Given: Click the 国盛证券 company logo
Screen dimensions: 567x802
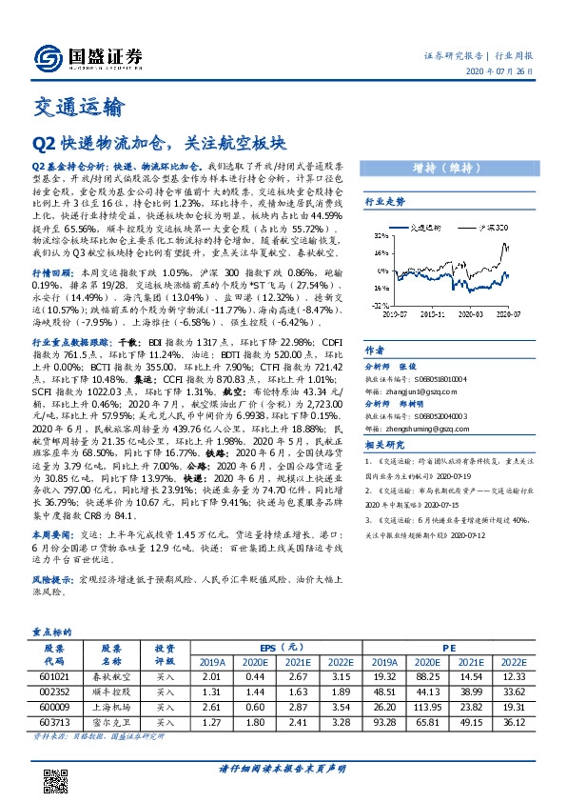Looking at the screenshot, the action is click(x=87, y=56).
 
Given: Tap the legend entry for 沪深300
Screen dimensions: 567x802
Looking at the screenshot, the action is click(x=490, y=230).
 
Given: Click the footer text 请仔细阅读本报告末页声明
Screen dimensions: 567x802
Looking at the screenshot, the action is click(x=283, y=769).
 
